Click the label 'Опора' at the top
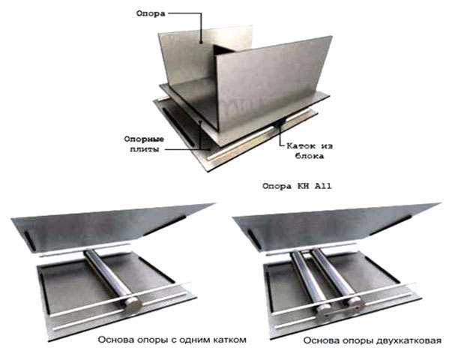151,13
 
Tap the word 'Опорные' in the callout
144,139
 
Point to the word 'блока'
309,156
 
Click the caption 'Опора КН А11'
297,186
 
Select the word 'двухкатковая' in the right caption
409,340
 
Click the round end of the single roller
133,304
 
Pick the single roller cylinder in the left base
107,274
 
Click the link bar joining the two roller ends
340,312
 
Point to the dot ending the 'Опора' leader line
201,43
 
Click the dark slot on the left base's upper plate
31,241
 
